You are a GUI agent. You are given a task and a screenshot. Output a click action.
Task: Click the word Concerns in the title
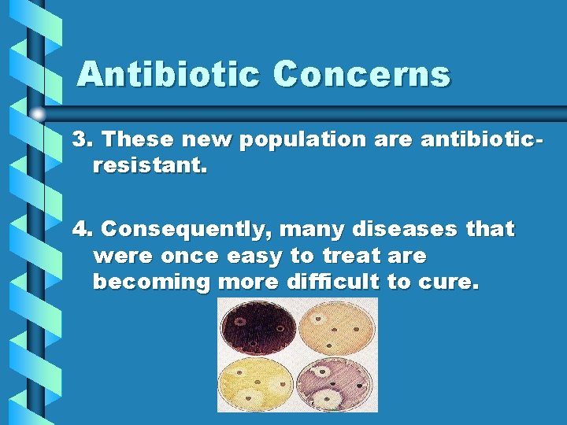[x=361, y=75]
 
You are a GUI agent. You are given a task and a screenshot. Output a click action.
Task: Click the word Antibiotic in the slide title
[x=169, y=75]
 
